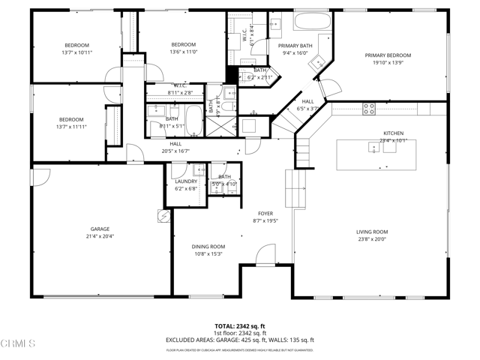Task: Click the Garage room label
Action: pyautogui.click(x=100, y=229)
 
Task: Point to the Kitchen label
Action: pyautogui.click(x=394, y=133)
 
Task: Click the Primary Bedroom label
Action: pyautogui.click(x=388, y=55)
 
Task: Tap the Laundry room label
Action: pyautogui.click(x=186, y=181)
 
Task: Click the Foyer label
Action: pyautogui.click(x=265, y=213)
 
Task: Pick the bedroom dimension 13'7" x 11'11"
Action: pyautogui.click(x=71, y=127)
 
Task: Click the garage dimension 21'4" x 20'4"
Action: pyautogui.click(x=100, y=236)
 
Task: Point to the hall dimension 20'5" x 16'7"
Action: pyautogui.click(x=175, y=151)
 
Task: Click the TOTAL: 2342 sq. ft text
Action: pyautogui.click(x=239, y=326)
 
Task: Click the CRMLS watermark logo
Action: pyautogui.click(x=18, y=344)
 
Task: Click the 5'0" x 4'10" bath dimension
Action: pyautogui.click(x=224, y=184)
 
